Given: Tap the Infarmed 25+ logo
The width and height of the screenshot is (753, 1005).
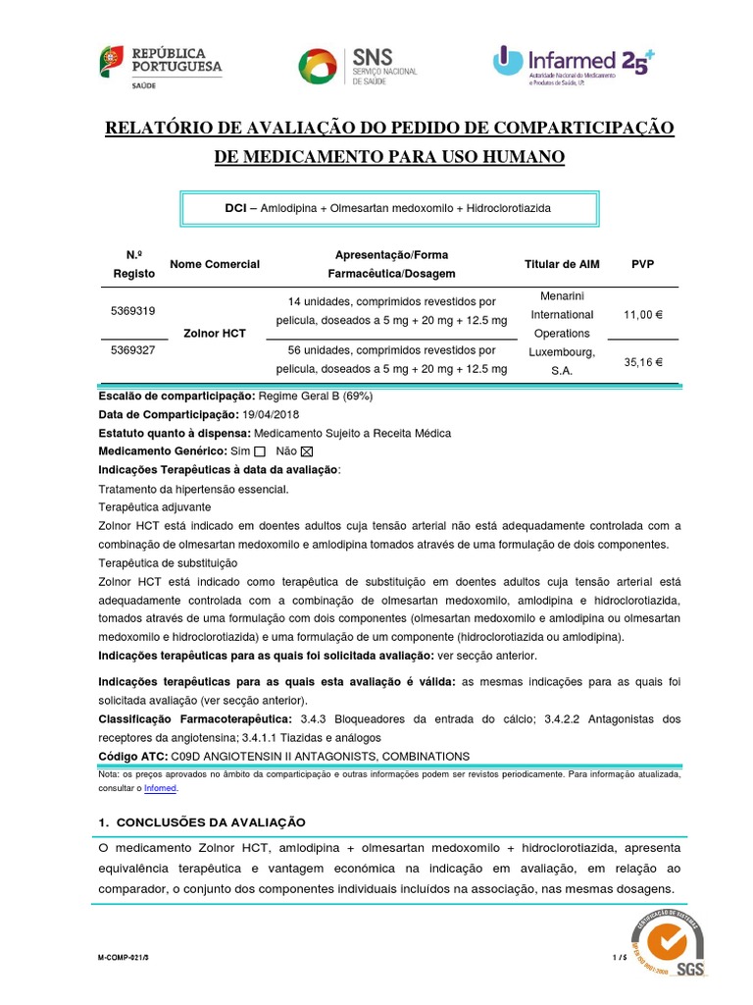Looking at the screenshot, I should tap(573, 63).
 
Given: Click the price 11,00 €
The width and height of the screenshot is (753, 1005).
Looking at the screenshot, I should tap(643, 315).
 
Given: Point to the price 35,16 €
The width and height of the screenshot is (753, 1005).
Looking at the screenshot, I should tap(643, 362).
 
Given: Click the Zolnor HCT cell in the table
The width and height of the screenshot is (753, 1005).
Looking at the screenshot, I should tap(215, 334).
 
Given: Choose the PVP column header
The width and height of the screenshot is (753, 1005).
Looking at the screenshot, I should tap(643, 264).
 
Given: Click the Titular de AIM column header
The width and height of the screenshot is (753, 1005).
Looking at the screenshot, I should tap(561, 264).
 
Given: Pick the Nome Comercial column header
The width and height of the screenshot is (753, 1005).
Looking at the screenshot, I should tap(215, 264).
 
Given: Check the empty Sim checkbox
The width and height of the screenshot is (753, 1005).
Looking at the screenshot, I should tap(260, 451).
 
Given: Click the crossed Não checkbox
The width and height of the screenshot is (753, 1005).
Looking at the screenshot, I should tap(306, 451).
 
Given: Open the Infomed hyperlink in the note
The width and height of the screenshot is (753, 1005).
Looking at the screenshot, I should tap(162, 787).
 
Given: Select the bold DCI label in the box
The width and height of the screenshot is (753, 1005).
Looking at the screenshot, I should tap(236, 209).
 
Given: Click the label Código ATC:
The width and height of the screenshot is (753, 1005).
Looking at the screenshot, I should tap(133, 756).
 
